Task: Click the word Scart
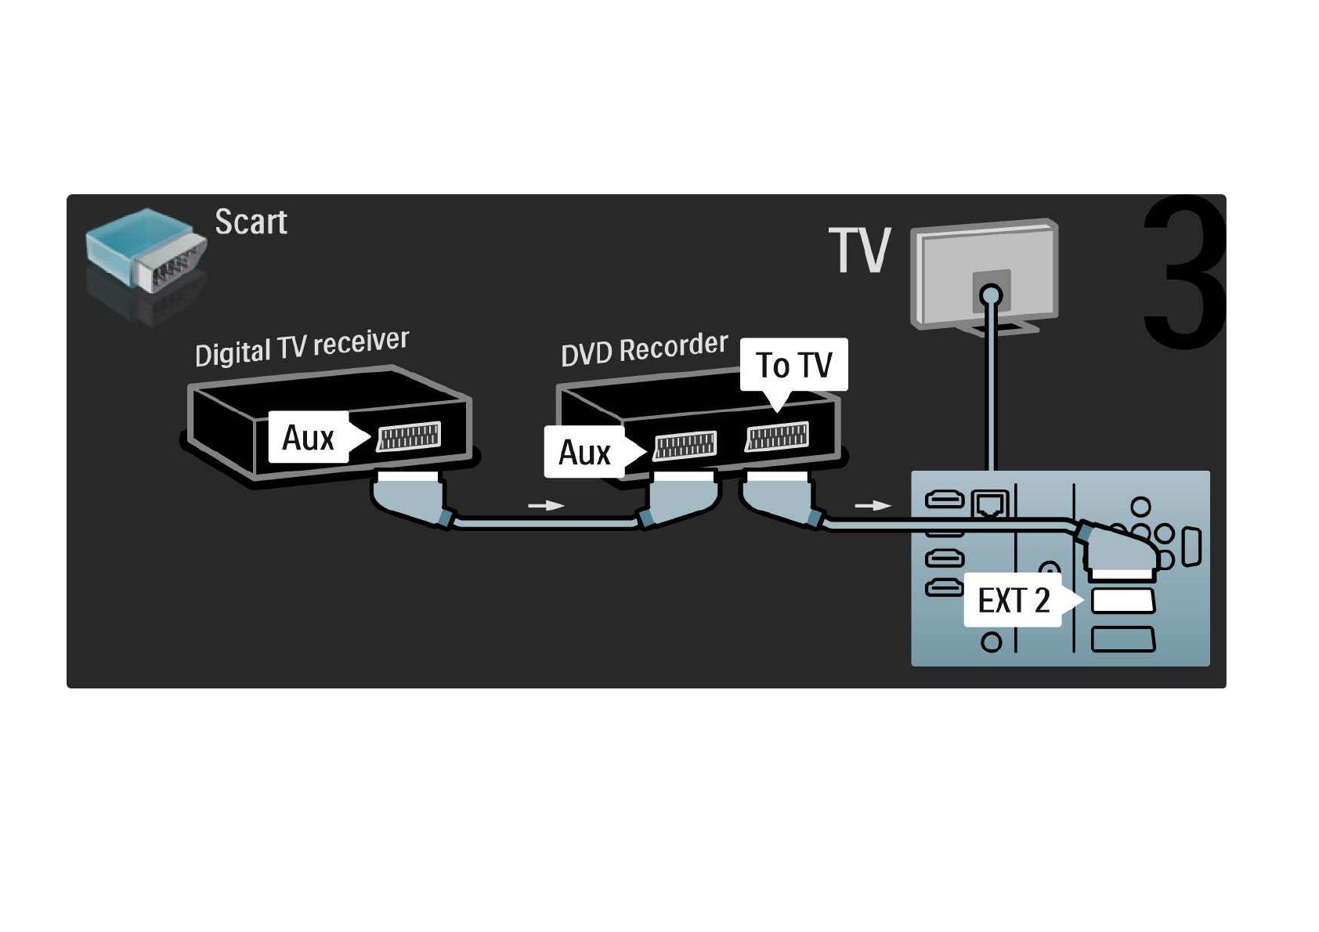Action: (251, 222)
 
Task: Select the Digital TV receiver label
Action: (302, 347)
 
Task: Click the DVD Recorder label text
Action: (644, 349)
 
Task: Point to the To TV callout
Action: (793, 365)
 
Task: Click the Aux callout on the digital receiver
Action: (309, 437)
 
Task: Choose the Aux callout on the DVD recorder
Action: (584, 453)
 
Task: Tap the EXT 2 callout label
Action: (1013, 601)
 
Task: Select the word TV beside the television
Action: (860, 251)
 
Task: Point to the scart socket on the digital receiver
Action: (409, 437)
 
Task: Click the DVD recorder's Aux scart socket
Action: (685, 446)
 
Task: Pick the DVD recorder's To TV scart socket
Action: (777, 436)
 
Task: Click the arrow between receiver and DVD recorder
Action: (546, 506)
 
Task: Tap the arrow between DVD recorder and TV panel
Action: (873, 506)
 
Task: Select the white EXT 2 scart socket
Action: (1122, 601)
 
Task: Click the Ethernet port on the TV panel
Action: (989, 504)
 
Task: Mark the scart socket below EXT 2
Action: (1122, 640)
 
